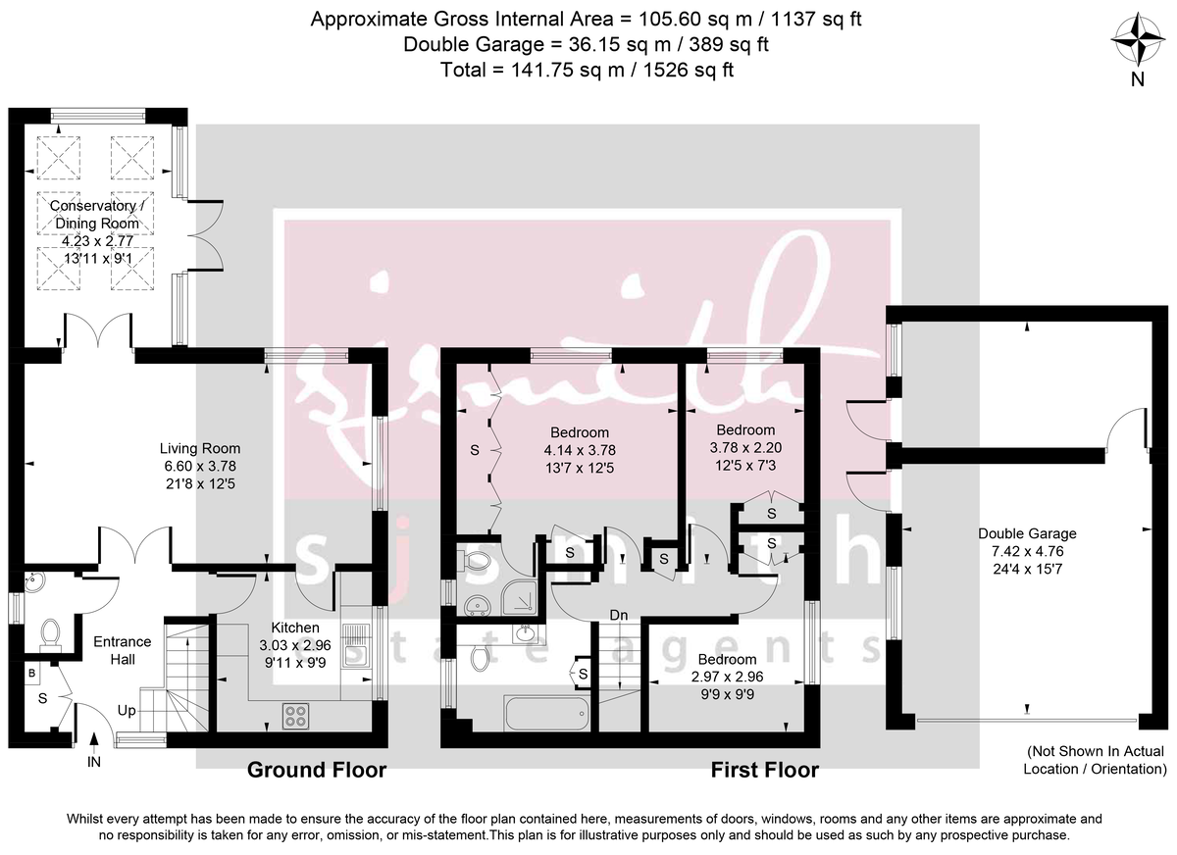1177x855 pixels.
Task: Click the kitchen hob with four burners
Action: pos(295,717)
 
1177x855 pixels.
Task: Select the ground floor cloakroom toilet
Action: pos(50,634)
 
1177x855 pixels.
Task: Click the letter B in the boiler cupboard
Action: pos(32,675)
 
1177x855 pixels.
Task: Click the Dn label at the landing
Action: pos(618,615)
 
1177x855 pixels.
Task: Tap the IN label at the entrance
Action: pos(94,761)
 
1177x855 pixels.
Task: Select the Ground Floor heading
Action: pos(316,771)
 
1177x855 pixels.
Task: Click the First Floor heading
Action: pos(764,771)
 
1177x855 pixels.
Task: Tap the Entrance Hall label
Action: pos(122,650)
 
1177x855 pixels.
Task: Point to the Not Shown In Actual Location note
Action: pos(1095,760)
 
